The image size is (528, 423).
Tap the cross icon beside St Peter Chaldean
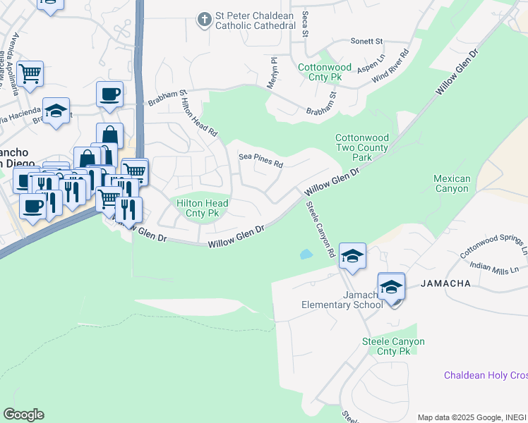pyautogui.click(x=204, y=19)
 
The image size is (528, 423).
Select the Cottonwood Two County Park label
pyautogui.click(x=361, y=148)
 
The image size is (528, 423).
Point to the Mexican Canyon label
pyautogui.click(x=450, y=183)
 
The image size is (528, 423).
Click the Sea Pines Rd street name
pyautogui.click(x=260, y=161)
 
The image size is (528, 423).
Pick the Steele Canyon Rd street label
pyautogui.click(x=320, y=228)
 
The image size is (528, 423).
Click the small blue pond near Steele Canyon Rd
pyautogui.click(x=306, y=254)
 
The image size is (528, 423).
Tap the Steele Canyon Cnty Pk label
pyautogui.click(x=393, y=346)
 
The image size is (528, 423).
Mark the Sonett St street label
pyautogui.click(x=366, y=42)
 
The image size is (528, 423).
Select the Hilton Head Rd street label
pyautogui.click(x=200, y=117)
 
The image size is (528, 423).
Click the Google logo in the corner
pyautogui.click(x=23, y=415)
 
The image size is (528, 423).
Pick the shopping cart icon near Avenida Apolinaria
pyautogui.click(x=30, y=73)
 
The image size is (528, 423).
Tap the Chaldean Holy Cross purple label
pyautogui.click(x=485, y=375)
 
